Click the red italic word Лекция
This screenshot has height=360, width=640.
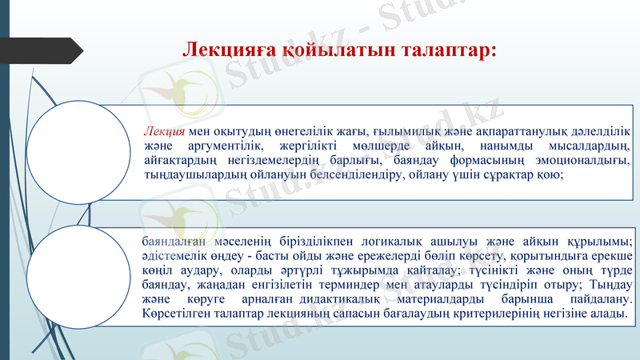[165, 131]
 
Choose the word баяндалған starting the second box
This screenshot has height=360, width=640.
[171, 242]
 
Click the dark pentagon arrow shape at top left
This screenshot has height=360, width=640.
[48, 50]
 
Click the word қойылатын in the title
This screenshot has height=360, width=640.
[336, 50]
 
